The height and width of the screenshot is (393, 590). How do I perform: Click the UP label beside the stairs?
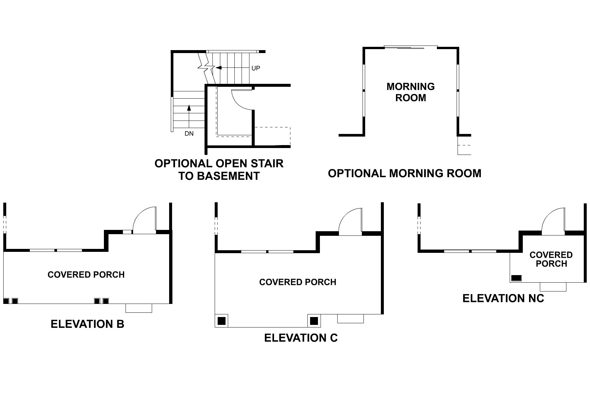point(256,68)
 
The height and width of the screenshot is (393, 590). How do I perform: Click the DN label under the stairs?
point(189,134)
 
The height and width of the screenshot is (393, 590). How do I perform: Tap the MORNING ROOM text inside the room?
point(410,92)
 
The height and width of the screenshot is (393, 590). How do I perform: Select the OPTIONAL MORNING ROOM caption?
point(404,173)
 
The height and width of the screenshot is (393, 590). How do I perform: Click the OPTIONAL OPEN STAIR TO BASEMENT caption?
point(219,169)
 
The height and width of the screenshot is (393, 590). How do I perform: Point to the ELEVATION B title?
point(88,324)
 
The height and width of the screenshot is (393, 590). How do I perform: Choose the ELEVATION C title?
point(301,338)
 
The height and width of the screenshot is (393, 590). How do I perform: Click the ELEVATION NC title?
point(503,298)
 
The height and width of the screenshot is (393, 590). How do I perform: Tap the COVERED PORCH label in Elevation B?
point(86,274)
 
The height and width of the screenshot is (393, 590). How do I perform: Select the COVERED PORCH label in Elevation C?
point(298,282)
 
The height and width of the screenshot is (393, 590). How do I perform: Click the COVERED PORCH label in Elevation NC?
point(551,259)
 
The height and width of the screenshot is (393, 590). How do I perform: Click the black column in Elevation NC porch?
point(516,278)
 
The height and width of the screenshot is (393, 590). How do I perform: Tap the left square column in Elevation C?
point(222,321)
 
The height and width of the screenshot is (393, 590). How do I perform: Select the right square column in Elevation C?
point(314,321)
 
